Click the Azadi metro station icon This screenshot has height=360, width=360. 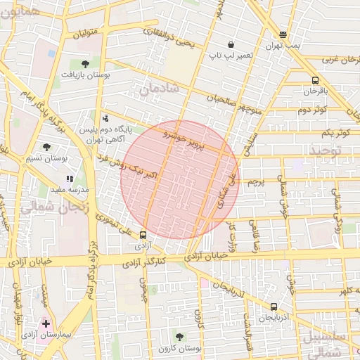(x=143, y=236)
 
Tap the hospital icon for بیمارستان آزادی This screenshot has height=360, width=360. (x=46, y=324)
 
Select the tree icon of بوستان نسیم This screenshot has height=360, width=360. (x=46, y=147)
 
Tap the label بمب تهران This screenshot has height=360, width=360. (x=282, y=45)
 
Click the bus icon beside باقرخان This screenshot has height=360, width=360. (x=315, y=80)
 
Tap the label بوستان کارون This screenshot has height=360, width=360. (x=180, y=348)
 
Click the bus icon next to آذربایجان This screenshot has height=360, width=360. (x=274, y=307)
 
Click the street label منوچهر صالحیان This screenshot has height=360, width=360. (x=232, y=103)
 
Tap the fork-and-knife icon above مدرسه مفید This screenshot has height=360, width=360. (x=70, y=179)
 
